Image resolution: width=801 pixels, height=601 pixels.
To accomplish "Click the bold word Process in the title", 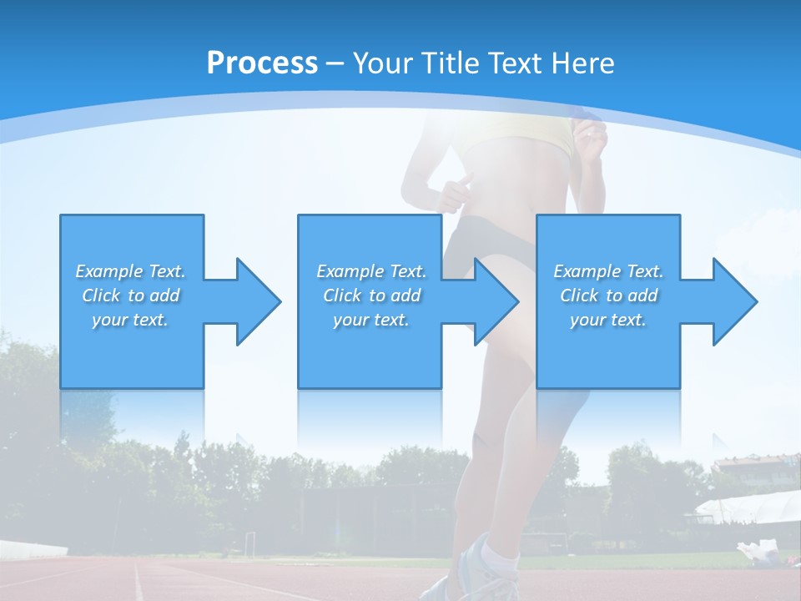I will [262, 63].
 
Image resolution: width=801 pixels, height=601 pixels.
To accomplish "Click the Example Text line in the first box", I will [131, 271].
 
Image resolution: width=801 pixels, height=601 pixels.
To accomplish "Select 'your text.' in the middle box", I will [370, 320].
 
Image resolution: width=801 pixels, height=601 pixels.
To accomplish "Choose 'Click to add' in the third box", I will [608, 295].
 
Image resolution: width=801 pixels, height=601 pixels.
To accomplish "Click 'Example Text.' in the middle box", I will [370, 271].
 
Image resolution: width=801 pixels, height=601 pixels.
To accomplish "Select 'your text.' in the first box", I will [131, 320].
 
